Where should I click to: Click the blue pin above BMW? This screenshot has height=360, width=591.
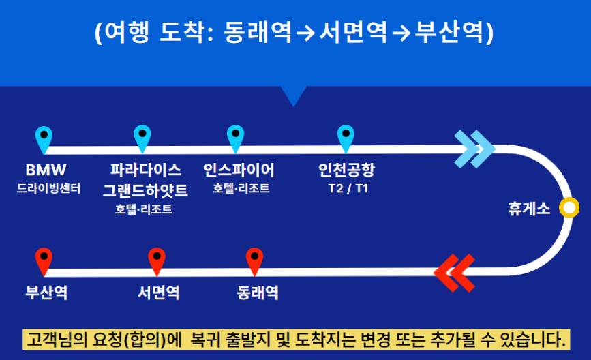[x=44, y=136]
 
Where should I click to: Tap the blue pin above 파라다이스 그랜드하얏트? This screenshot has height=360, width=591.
[x=142, y=136]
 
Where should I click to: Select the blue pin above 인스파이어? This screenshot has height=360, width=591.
[x=236, y=136]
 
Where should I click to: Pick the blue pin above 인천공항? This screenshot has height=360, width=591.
[x=346, y=136]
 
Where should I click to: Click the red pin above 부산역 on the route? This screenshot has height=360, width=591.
[x=44, y=259]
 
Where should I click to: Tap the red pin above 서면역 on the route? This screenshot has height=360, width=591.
[x=157, y=259]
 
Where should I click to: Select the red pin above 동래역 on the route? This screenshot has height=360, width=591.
[x=254, y=259]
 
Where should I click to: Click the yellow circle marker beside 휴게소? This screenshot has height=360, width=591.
[x=568, y=208]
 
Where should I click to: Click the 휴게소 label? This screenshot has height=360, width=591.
[x=528, y=209]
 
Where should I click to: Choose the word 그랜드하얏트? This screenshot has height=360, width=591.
[x=144, y=189]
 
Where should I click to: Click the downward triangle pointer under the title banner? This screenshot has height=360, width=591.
[x=294, y=95]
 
